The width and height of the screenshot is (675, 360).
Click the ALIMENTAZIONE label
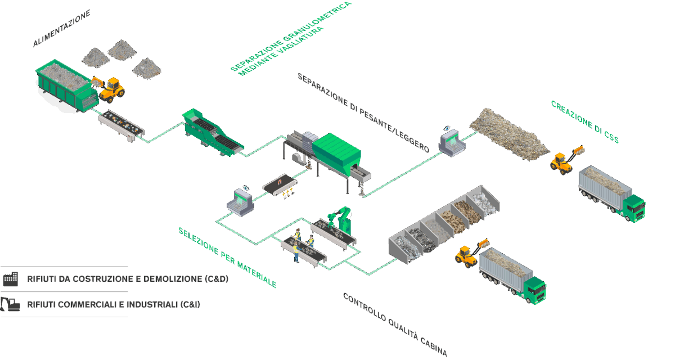click(x=61, y=28)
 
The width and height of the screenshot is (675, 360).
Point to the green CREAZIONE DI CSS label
click(x=584, y=121)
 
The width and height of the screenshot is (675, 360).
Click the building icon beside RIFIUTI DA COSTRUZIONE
click(x=10, y=278)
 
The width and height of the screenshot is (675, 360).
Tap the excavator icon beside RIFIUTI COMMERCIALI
click(x=10, y=304)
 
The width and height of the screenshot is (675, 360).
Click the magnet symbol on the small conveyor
click(x=280, y=183)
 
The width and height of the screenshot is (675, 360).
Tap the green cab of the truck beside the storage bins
click(x=535, y=289)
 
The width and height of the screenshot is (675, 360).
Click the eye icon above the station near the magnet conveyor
click(x=245, y=186)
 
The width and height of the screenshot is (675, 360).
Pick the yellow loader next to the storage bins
click(x=468, y=254)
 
